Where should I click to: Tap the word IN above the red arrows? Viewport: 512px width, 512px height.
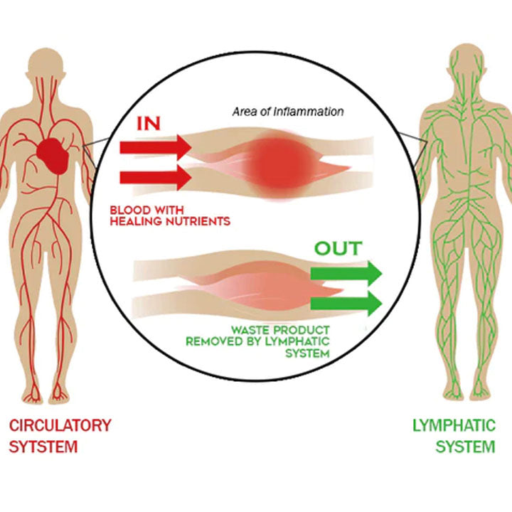point(149,124)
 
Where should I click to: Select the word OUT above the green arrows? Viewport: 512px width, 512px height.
point(338,249)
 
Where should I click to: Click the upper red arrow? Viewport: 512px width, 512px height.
point(155,147)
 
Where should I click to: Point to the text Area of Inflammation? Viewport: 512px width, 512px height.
point(288,112)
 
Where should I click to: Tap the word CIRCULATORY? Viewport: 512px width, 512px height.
point(60,426)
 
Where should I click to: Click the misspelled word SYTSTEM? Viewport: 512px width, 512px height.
point(43,447)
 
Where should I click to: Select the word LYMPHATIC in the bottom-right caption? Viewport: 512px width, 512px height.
point(454,426)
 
